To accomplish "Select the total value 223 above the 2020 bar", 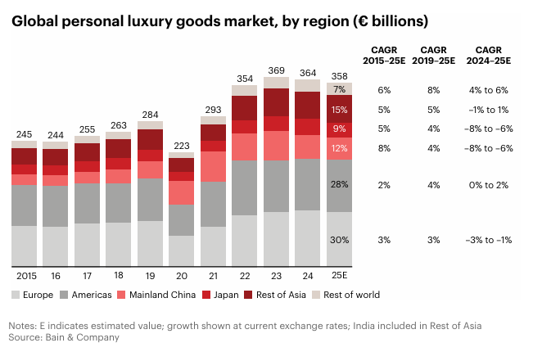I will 181,145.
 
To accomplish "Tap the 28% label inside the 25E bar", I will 340,185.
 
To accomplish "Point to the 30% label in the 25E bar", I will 340,240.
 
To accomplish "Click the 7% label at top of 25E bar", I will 340,89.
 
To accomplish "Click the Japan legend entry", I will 224,295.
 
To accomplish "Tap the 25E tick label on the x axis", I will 340,277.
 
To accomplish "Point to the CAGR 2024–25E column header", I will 488,54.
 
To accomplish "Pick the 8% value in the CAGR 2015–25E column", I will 384,148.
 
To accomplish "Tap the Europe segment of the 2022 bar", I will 244,240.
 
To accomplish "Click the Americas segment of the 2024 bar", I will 307,184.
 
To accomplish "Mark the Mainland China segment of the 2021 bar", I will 213,166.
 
